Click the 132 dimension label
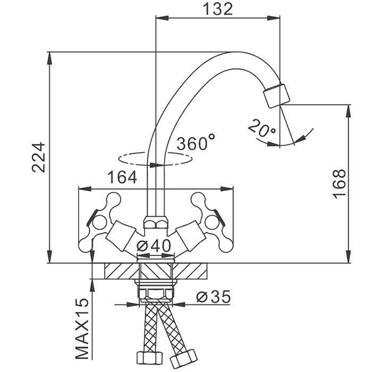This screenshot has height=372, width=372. coord(218,9)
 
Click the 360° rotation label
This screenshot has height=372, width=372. coord(196,142)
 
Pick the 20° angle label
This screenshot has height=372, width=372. coord(262,128)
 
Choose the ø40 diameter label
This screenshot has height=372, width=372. coord(154,246)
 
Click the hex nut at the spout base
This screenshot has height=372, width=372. coord(155,222)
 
